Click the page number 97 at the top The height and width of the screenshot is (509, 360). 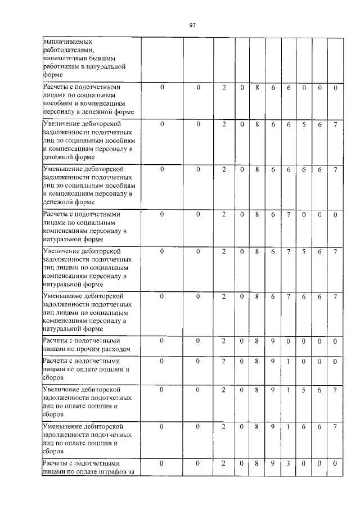pos(192,25)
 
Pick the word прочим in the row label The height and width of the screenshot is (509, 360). pos(83,349)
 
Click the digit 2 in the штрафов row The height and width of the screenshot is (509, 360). pos(223,463)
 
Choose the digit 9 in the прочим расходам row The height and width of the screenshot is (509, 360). pos(272,341)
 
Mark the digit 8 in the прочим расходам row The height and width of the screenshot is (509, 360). pos(256,341)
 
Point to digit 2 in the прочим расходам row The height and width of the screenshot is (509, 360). pos(223,341)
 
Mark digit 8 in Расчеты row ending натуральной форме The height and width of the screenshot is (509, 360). pos(256,214)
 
